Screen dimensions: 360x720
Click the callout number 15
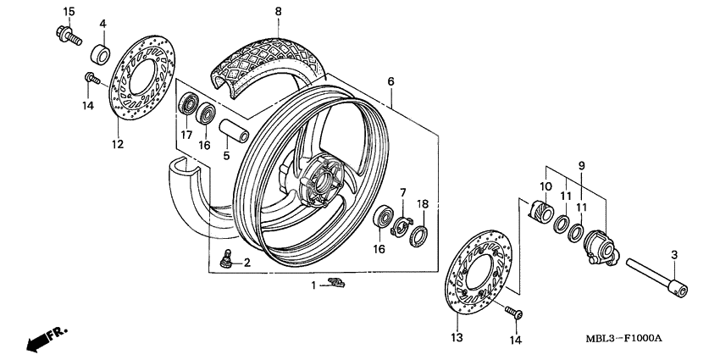pos(69,11)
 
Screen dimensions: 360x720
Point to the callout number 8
pos(278,11)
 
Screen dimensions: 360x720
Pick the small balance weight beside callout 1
pos(337,282)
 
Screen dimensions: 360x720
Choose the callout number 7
pos(403,193)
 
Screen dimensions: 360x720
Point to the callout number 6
pos(390,81)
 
